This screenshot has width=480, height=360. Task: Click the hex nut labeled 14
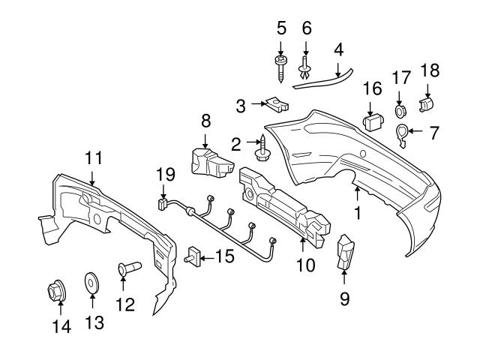click(58, 288)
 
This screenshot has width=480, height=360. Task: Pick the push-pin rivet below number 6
click(304, 70)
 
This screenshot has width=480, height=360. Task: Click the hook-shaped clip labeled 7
click(403, 133)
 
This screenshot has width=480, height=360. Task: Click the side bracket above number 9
click(345, 250)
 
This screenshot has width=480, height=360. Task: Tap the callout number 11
click(93, 157)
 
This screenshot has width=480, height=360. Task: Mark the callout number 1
click(358, 213)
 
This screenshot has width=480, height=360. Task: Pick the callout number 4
click(338, 50)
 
